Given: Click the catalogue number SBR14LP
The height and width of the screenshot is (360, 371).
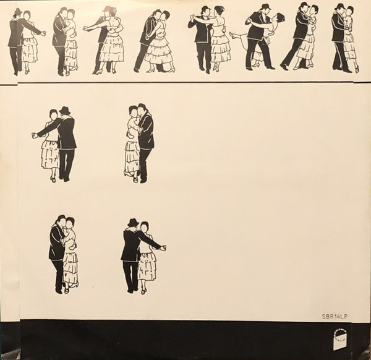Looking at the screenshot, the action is click(x=335, y=317).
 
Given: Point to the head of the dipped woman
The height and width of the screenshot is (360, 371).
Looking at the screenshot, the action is click(x=280, y=17).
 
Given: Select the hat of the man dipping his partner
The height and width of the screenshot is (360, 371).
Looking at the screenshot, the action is click(x=265, y=6).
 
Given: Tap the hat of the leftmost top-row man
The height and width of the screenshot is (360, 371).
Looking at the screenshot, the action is click(x=18, y=11).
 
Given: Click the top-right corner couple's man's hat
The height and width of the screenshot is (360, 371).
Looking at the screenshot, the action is click(x=340, y=6).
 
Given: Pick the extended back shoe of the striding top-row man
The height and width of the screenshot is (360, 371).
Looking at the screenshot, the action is click(x=284, y=67).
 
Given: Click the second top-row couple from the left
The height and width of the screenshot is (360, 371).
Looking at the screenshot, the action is click(x=64, y=41).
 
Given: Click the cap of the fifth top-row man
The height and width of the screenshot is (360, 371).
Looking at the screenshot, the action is click(x=205, y=9).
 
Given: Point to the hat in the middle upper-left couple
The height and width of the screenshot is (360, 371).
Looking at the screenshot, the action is click(x=65, y=110).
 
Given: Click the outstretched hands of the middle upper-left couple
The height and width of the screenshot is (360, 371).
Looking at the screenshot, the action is click(x=35, y=135).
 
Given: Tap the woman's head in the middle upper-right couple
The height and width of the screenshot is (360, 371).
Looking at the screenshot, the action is click(x=133, y=111).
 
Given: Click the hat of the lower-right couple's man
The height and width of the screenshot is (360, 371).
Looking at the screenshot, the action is click(x=133, y=222).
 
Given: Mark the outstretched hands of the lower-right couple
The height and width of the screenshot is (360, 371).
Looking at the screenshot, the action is click(x=163, y=248).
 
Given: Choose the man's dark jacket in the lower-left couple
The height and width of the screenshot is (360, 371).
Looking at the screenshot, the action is click(x=56, y=244).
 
